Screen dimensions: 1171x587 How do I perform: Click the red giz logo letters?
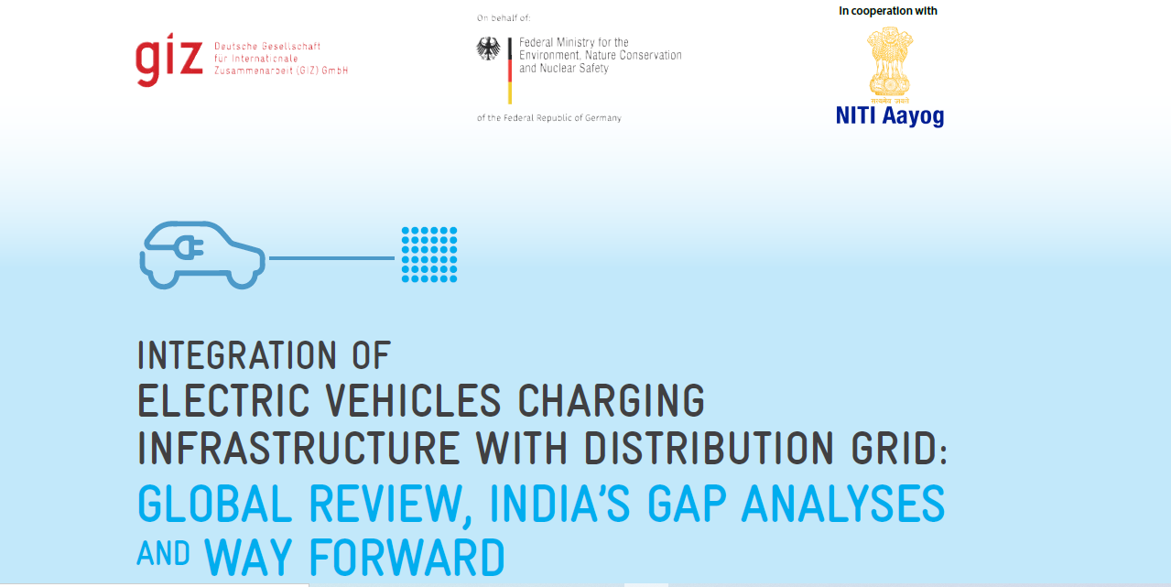(168, 60)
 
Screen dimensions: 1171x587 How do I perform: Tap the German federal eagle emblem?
(488, 49)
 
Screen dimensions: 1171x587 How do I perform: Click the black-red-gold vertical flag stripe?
(510, 71)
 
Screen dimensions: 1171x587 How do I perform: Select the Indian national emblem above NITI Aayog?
(890, 65)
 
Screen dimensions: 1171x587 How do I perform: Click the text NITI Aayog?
(890, 116)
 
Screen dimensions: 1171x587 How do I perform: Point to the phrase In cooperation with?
(888, 10)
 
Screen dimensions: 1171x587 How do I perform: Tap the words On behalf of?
(504, 18)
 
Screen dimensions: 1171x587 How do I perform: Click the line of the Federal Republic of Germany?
(549, 118)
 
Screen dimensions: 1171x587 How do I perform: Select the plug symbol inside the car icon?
(189, 247)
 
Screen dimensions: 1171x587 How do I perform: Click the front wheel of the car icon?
(242, 277)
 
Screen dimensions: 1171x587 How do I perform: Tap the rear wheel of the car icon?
(164, 277)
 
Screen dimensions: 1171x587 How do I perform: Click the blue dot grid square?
(429, 255)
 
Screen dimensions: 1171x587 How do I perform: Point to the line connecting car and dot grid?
(331, 257)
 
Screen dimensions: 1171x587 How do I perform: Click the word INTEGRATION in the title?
(237, 355)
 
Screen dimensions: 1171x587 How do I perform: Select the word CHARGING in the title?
(611, 400)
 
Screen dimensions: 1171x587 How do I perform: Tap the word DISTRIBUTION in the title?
(709, 449)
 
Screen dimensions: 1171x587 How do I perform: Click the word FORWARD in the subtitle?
(407, 557)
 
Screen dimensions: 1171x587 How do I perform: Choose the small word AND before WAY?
(163, 553)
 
